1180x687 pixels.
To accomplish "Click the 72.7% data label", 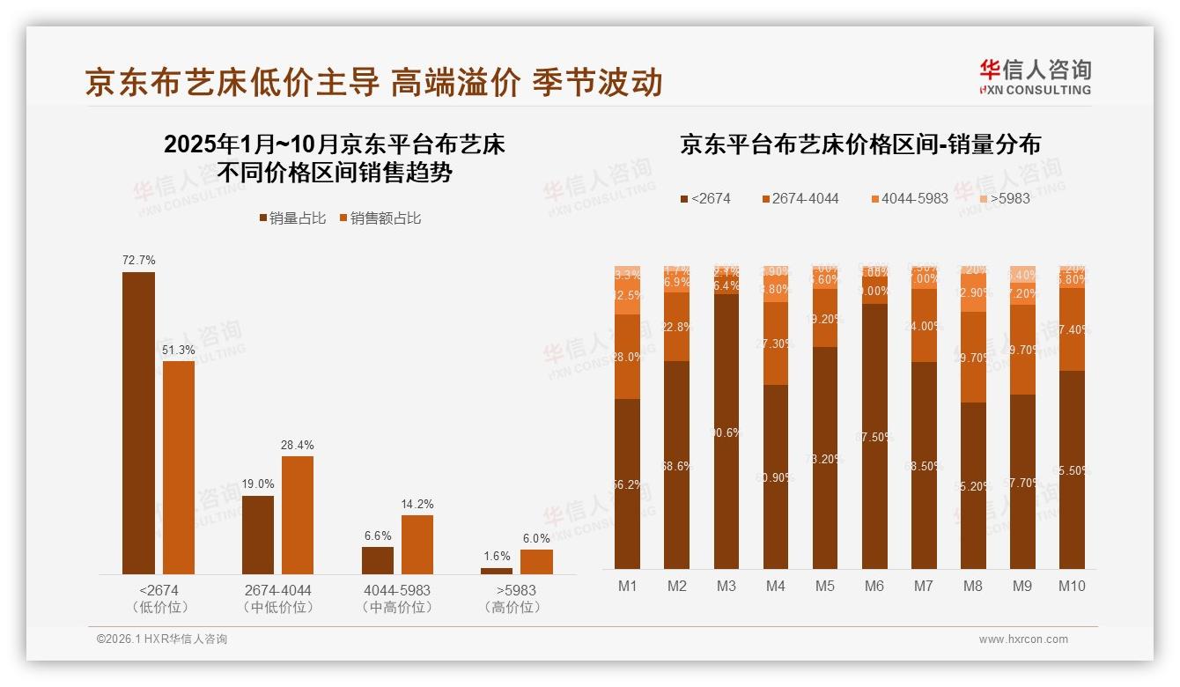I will pyautogui.click(x=139, y=260).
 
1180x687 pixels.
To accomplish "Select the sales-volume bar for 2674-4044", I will pyautogui.click(x=258, y=535).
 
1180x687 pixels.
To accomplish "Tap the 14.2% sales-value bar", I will pyautogui.click(x=417, y=544).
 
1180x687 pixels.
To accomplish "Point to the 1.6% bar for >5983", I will pyautogui.click(x=497, y=571).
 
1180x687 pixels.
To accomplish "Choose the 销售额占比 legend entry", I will pyautogui.click(x=380, y=218).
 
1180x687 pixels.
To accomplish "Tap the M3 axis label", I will pyautogui.click(x=726, y=586).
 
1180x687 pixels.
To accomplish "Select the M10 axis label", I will pyautogui.click(x=1071, y=586).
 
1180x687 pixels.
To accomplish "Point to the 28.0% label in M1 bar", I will pyautogui.click(x=628, y=357).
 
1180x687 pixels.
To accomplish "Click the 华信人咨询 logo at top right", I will pyautogui.click(x=1035, y=77).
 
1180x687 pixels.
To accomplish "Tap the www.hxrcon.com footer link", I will pyautogui.click(x=1023, y=639).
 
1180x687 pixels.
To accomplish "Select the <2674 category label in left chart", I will pyautogui.click(x=159, y=590).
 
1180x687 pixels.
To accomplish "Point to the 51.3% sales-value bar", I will pyautogui.click(x=179, y=467).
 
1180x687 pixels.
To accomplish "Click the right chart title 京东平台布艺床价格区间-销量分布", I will pyautogui.click(x=859, y=144).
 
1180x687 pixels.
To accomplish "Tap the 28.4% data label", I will pyautogui.click(x=298, y=445).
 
